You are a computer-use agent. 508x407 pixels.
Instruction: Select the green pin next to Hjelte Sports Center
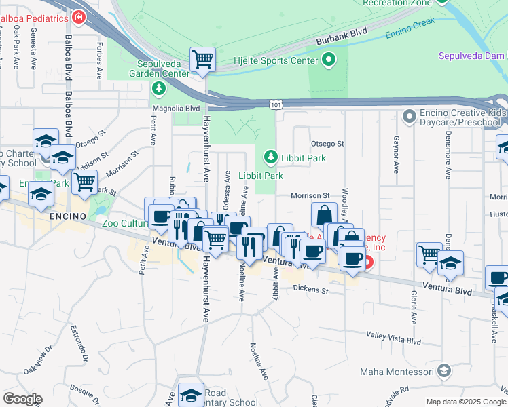coord(329,60)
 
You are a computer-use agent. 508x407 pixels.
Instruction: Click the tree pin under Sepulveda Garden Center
coord(158,88)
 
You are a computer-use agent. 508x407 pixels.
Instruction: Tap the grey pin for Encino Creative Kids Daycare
coord(409,117)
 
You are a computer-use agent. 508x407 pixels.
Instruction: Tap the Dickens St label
coord(311,290)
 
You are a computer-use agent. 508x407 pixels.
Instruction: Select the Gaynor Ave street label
coord(395,155)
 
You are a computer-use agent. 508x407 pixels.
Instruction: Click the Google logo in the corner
coord(22,398)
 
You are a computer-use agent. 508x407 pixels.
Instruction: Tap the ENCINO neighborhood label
coord(69,216)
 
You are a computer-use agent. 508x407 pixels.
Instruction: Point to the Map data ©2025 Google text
coord(465,402)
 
